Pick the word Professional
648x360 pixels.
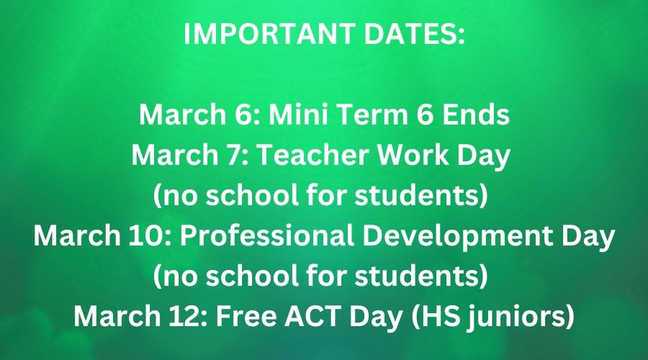click(x=266, y=235)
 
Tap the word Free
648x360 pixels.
click(x=246, y=316)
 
